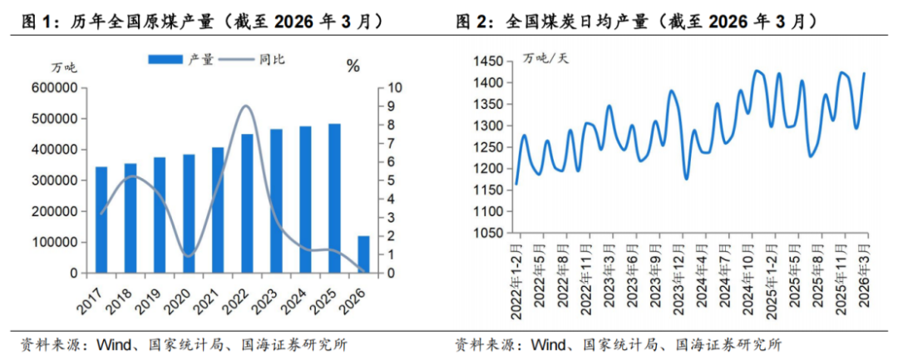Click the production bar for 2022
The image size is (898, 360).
[x=247, y=204]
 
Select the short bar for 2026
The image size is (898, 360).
[x=364, y=254]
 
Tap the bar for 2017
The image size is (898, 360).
[x=101, y=219]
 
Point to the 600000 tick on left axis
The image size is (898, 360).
[x=56, y=88]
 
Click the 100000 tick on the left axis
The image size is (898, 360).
[x=56, y=242]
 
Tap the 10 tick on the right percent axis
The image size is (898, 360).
[x=395, y=88]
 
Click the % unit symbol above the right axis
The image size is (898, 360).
[x=353, y=67]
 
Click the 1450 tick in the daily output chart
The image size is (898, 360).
[x=487, y=62]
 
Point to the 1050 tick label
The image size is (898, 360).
[x=487, y=234]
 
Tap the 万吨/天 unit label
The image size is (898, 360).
[x=546, y=57]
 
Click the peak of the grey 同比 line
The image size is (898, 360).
[x=247, y=106]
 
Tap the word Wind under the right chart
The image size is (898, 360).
[x=549, y=344]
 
